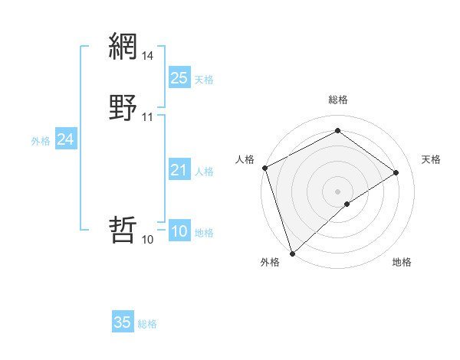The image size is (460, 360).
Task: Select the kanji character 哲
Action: tap(123, 230)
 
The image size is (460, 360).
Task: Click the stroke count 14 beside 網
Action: tap(148, 56)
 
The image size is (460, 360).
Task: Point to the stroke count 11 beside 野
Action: tap(148, 117)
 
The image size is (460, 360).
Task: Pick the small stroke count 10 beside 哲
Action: tap(147, 240)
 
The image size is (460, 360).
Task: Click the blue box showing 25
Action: tap(179, 78)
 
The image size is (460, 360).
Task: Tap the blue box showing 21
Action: tap(179, 170)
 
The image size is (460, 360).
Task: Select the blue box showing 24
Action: tap(66, 139)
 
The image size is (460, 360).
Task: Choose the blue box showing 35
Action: tap(123, 322)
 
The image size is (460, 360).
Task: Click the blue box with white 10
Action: tap(179, 232)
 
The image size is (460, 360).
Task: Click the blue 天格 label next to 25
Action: tap(204, 80)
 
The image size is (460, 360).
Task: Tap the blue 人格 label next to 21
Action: tap(204, 172)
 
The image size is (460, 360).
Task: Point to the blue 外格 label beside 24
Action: tap(41, 141)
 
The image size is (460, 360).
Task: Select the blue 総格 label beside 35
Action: tap(147, 324)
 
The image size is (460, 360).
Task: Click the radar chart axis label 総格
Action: tap(337, 100)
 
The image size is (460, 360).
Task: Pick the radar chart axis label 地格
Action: tap(402, 263)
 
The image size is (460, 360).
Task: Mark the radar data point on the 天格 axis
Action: tap(396, 172)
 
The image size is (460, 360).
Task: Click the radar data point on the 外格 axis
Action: tap(292, 253)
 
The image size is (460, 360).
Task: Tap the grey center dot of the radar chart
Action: tap(337, 191)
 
